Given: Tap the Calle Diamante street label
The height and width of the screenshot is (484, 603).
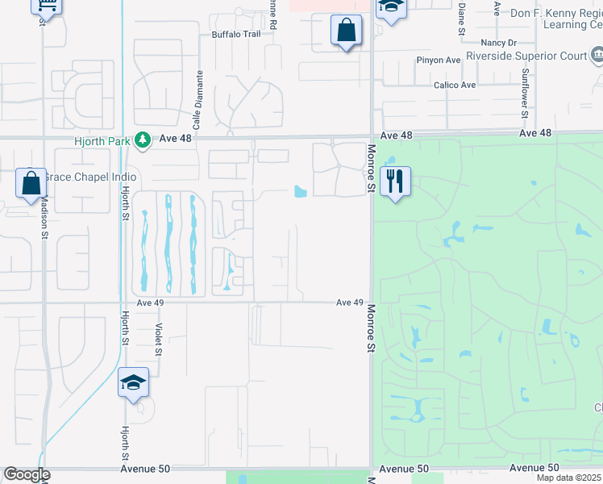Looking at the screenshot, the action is (x=198, y=95).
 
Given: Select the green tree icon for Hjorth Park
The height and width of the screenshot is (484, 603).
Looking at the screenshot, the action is (x=143, y=140).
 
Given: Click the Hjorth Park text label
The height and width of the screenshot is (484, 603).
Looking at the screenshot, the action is (x=102, y=140).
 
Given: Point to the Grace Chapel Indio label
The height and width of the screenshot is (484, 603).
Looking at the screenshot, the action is (x=89, y=177).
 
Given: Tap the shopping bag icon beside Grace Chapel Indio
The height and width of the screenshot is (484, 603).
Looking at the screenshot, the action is (x=31, y=183).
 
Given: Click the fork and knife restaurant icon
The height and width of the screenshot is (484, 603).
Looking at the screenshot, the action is (x=395, y=181).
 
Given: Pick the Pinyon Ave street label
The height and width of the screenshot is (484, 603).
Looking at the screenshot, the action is (x=438, y=60).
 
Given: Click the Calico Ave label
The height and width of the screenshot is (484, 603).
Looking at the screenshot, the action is (x=455, y=85).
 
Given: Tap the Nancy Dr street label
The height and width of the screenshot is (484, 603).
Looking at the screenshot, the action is (x=497, y=42).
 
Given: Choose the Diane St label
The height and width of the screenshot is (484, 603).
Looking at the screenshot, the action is (x=462, y=18).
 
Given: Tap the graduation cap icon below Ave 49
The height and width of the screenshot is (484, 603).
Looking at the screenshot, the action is (x=133, y=383).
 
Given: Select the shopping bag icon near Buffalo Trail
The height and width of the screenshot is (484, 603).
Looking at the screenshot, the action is (x=346, y=31).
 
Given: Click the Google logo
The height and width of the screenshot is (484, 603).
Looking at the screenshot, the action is (x=27, y=474).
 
